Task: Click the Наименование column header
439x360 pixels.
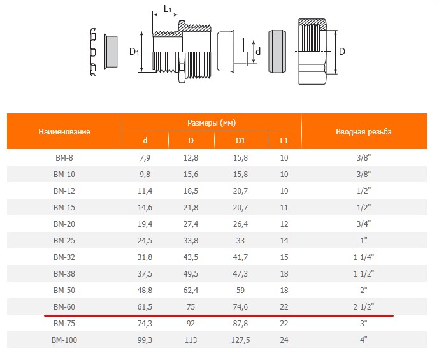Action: coord(64,131)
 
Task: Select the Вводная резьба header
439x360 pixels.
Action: coord(364,131)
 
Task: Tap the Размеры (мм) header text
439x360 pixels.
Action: coord(212,122)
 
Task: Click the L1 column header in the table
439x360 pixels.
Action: coord(284,140)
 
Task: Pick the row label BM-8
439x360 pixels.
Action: coord(64,158)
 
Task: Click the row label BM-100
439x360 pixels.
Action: coord(64,340)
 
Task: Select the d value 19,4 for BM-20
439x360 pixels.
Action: coord(145,224)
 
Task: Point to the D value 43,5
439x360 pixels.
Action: coord(191,257)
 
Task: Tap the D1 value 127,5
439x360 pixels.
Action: coord(240,340)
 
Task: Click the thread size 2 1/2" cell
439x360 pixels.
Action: coord(363,307)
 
